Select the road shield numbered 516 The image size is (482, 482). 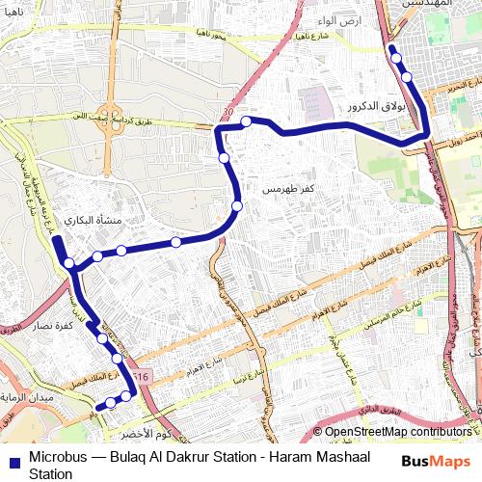144,375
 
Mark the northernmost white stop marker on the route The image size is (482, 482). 396,59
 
